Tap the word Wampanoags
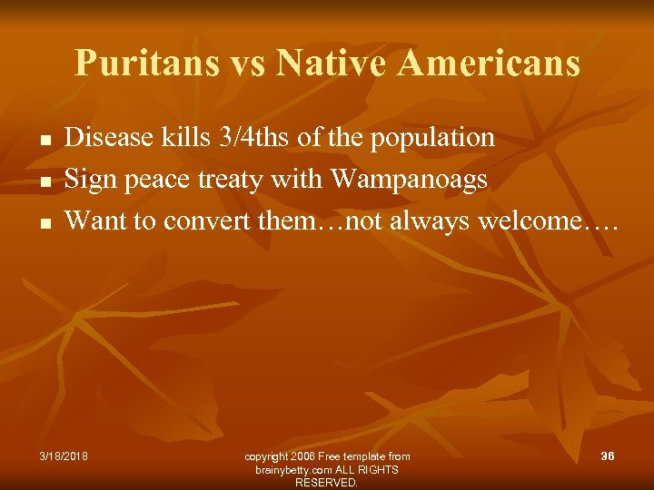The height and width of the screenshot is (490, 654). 410,180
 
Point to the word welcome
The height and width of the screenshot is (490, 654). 540,220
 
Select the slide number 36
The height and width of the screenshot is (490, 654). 607,456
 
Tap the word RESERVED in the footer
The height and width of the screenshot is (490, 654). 326,483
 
